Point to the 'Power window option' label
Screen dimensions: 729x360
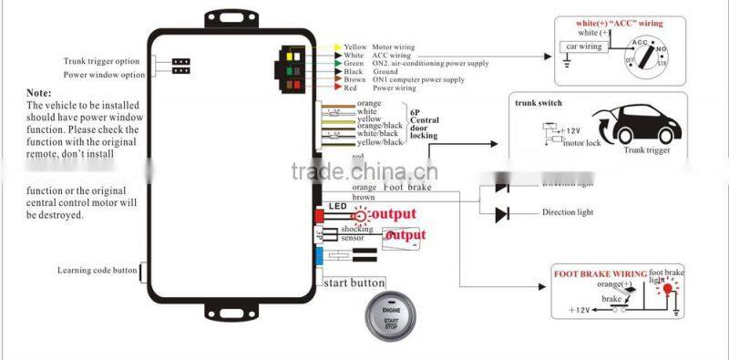pos(104,75)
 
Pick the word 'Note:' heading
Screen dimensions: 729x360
pos(39,93)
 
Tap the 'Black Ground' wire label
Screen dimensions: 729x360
pos(369,71)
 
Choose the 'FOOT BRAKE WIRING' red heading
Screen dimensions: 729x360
pos(601,273)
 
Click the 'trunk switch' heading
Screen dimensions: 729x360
pos(539,103)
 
